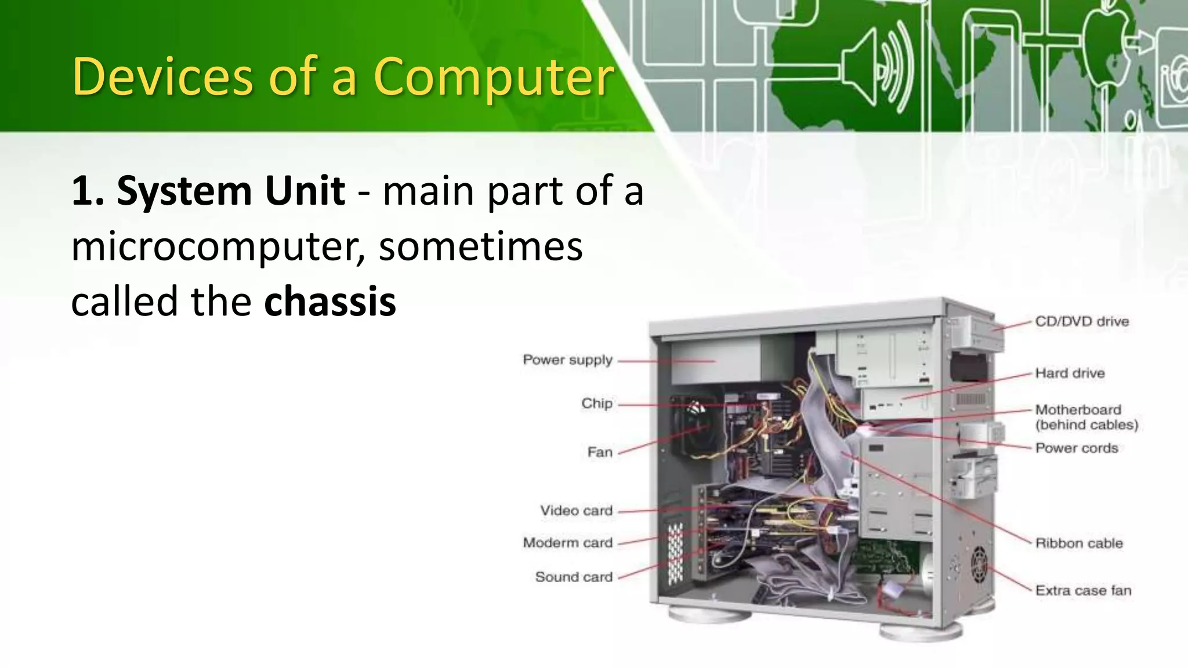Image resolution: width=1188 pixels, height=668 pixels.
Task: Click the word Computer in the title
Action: [x=493, y=77]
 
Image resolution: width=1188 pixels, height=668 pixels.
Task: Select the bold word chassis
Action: [x=329, y=302]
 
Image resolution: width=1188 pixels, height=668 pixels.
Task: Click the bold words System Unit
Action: [x=231, y=191]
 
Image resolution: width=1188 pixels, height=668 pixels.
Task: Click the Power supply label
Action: [x=567, y=360]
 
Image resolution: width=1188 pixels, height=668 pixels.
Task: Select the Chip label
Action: [x=597, y=404]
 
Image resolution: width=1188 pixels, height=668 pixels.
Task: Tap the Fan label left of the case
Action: [x=600, y=452]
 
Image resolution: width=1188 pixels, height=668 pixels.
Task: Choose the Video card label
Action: [x=576, y=511]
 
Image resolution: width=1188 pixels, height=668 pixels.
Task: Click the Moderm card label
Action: [x=567, y=543]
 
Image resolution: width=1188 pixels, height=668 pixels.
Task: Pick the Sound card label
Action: [x=574, y=577]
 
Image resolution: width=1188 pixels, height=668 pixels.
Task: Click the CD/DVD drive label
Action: [x=1082, y=322]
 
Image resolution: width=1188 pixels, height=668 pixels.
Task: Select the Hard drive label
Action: [x=1070, y=373]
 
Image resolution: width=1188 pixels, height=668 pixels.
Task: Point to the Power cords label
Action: [x=1077, y=448]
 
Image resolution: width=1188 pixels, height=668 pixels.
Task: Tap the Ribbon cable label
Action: [x=1079, y=543]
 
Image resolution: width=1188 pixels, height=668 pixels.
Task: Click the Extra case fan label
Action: [x=1083, y=591]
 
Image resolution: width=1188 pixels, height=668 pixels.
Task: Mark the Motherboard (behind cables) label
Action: [x=1086, y=418]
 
